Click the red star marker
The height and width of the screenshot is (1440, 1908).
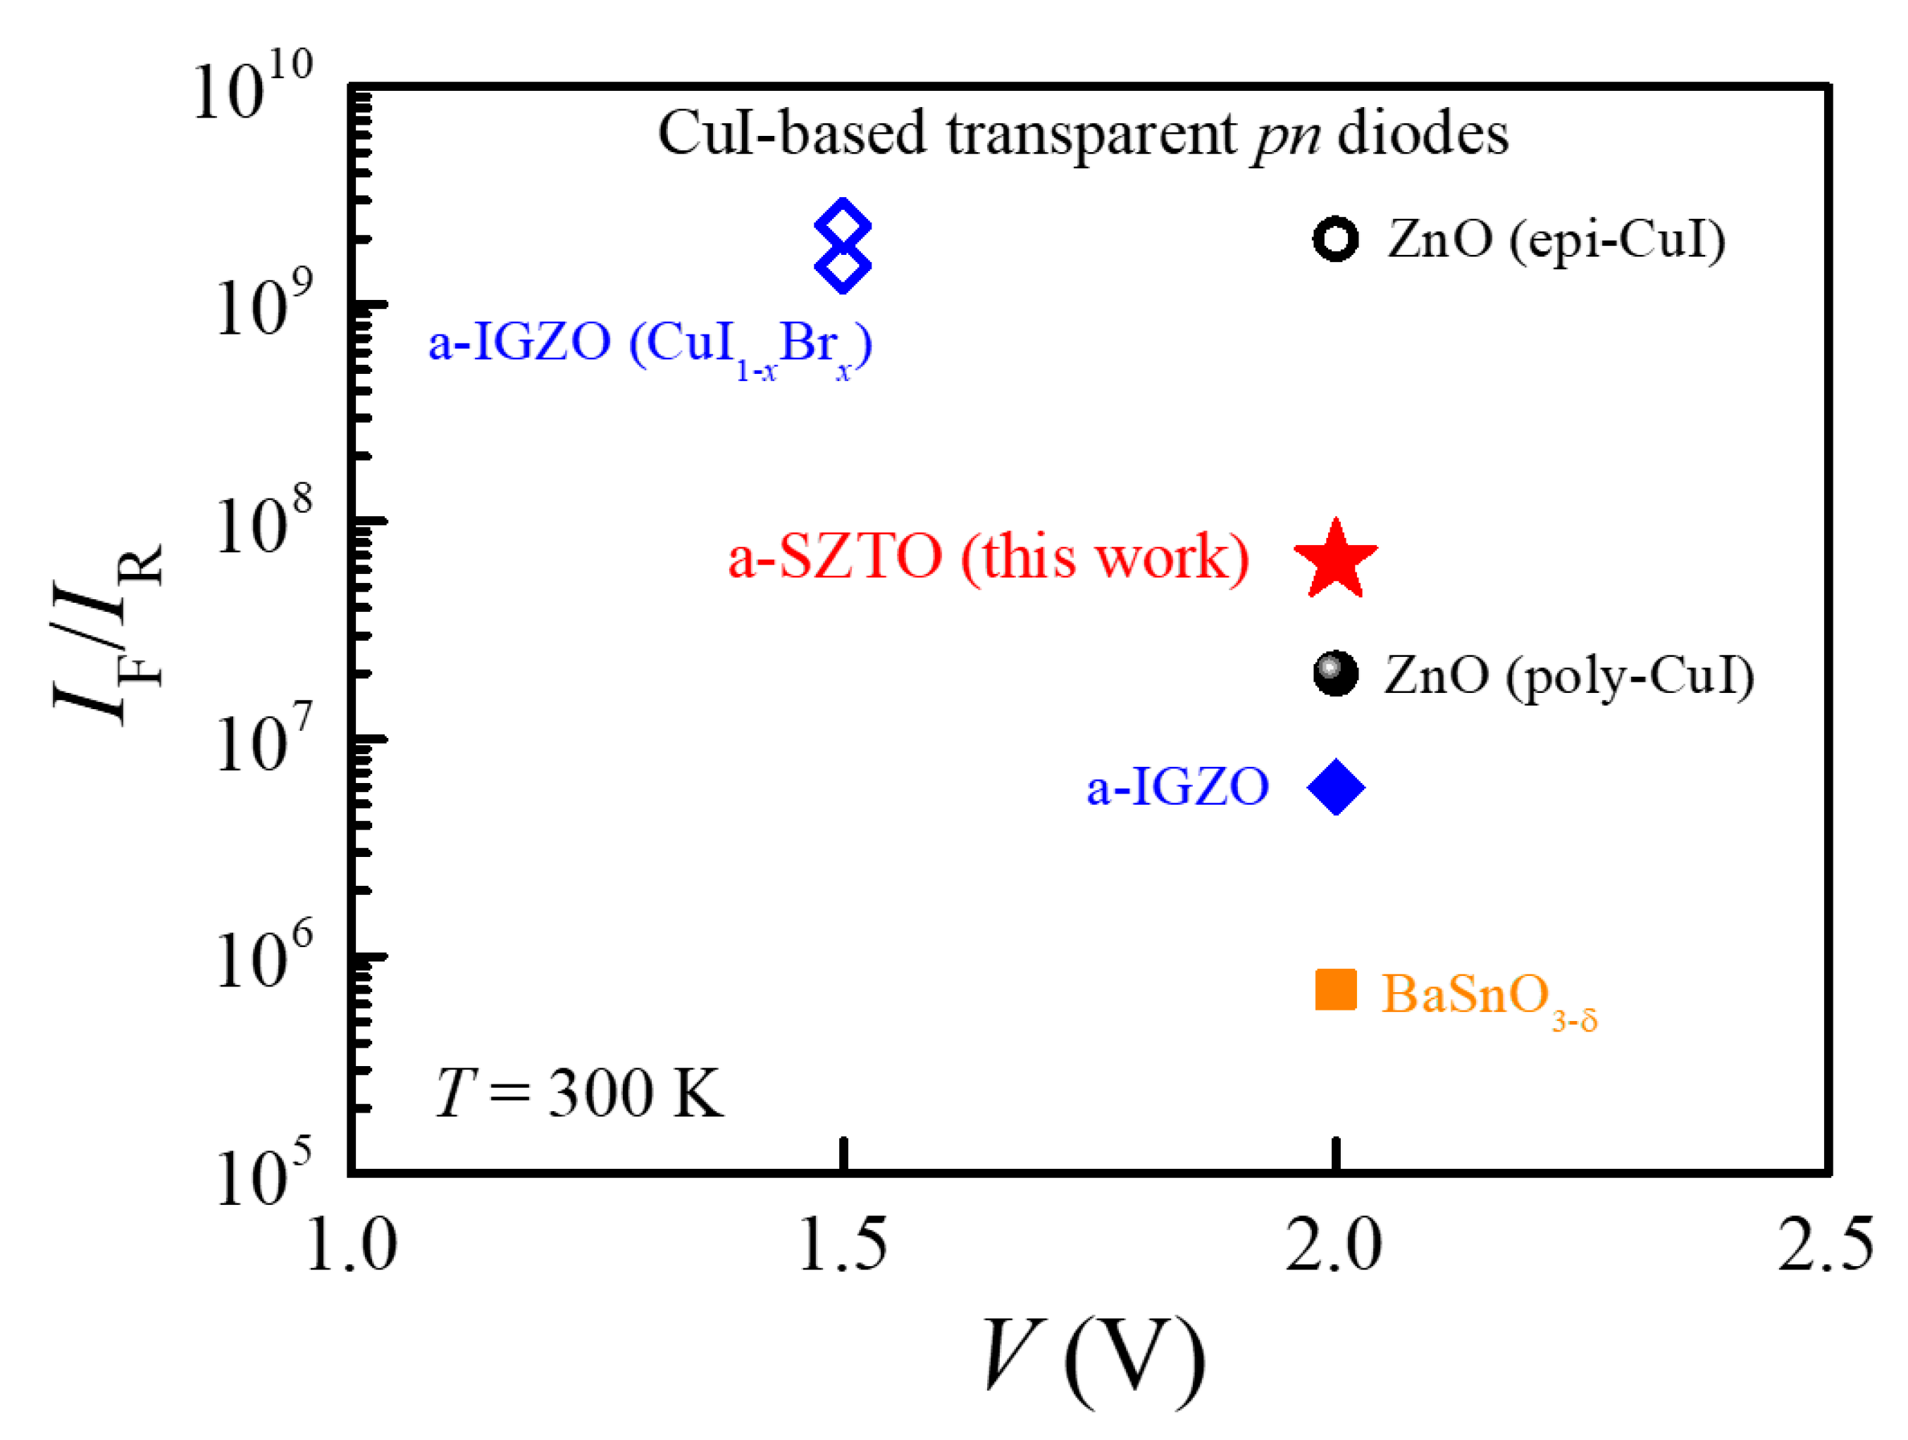[1335, 561]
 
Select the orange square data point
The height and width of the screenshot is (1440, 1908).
[1335, 990]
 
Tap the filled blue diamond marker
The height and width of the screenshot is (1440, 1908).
[1335, 787]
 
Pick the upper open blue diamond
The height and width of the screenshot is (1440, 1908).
[843, 227]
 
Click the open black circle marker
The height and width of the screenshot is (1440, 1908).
[1335, 239]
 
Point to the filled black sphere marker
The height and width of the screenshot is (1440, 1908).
[1335, 673]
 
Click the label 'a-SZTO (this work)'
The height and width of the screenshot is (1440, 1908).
[989, 557]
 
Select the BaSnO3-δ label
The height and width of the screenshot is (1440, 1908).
[1488, 998]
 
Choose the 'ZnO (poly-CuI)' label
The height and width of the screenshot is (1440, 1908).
[1569, 676]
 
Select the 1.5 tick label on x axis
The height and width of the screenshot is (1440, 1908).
[843, 1245]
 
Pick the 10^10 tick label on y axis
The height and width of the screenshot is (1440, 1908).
[253, 86]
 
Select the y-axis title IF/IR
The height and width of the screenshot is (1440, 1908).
[108, 634]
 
